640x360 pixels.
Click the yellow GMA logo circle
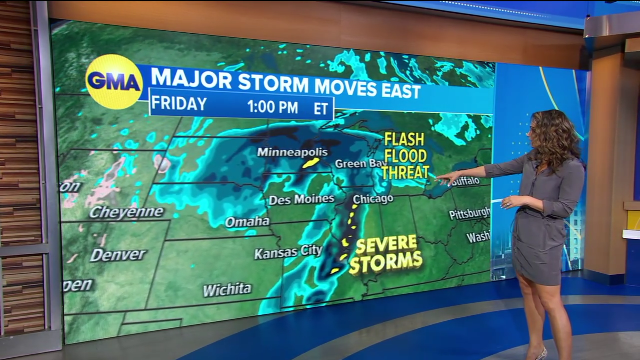click(x=114, y=81)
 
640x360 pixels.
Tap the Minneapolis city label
click(x=292, y=152)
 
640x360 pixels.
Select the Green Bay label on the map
click(x=354, y=163)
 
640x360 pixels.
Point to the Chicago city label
click(x=373, y=199)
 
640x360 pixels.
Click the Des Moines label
click(x=301, y=199)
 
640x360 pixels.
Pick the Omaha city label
click(x=247, y=221)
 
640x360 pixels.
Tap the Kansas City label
click(x=288, y=252)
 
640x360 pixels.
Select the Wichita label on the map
click(x=227, y=289)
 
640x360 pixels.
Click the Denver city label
click(x=118, y=255)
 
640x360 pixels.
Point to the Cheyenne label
click(x=126, y=212)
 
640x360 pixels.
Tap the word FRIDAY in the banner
click(x=179, y=103)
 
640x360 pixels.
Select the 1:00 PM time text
click(x=272, y=107)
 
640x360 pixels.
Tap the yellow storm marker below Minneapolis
click(x=310, y=162)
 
